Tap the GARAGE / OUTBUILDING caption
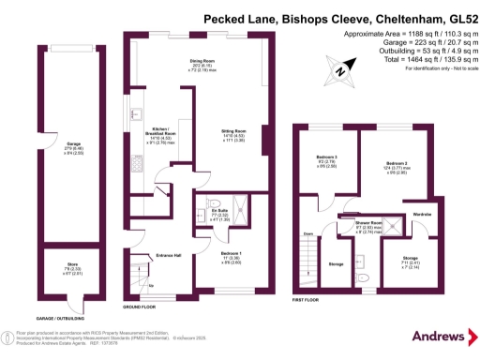[x=55, y=318]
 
